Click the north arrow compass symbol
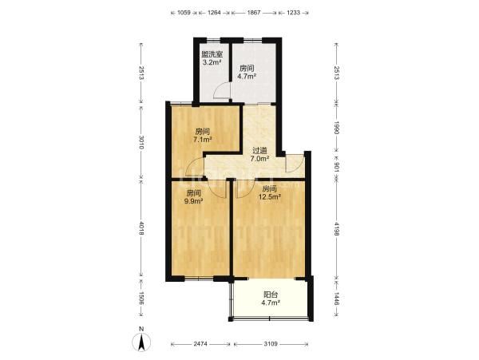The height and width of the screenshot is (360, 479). (141, 342)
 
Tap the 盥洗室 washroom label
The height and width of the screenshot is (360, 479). (212, 54)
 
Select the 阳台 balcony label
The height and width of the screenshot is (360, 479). (271, 295)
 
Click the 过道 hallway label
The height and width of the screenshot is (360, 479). (259, 151)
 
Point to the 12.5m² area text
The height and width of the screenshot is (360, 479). (270, 197)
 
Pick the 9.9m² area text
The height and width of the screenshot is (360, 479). (194, 201)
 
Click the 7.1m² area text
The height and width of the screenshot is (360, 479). (203, 140)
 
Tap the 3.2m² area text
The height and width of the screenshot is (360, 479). (212, 62)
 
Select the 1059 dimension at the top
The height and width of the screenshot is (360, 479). (184, 13)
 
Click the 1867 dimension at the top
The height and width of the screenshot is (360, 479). (254, 13)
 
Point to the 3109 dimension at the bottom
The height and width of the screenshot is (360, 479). (271, 344)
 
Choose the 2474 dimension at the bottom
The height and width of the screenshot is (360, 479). (200, 344)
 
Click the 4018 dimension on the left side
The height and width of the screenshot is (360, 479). (141, 227)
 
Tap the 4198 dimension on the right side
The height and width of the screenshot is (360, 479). (336, 229)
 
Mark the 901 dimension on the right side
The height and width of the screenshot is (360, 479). (336, 167)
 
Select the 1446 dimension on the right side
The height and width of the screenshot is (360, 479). (336, 299)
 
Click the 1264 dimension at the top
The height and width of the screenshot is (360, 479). (214, 13)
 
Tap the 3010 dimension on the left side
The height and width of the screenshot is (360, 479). (141, 142)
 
